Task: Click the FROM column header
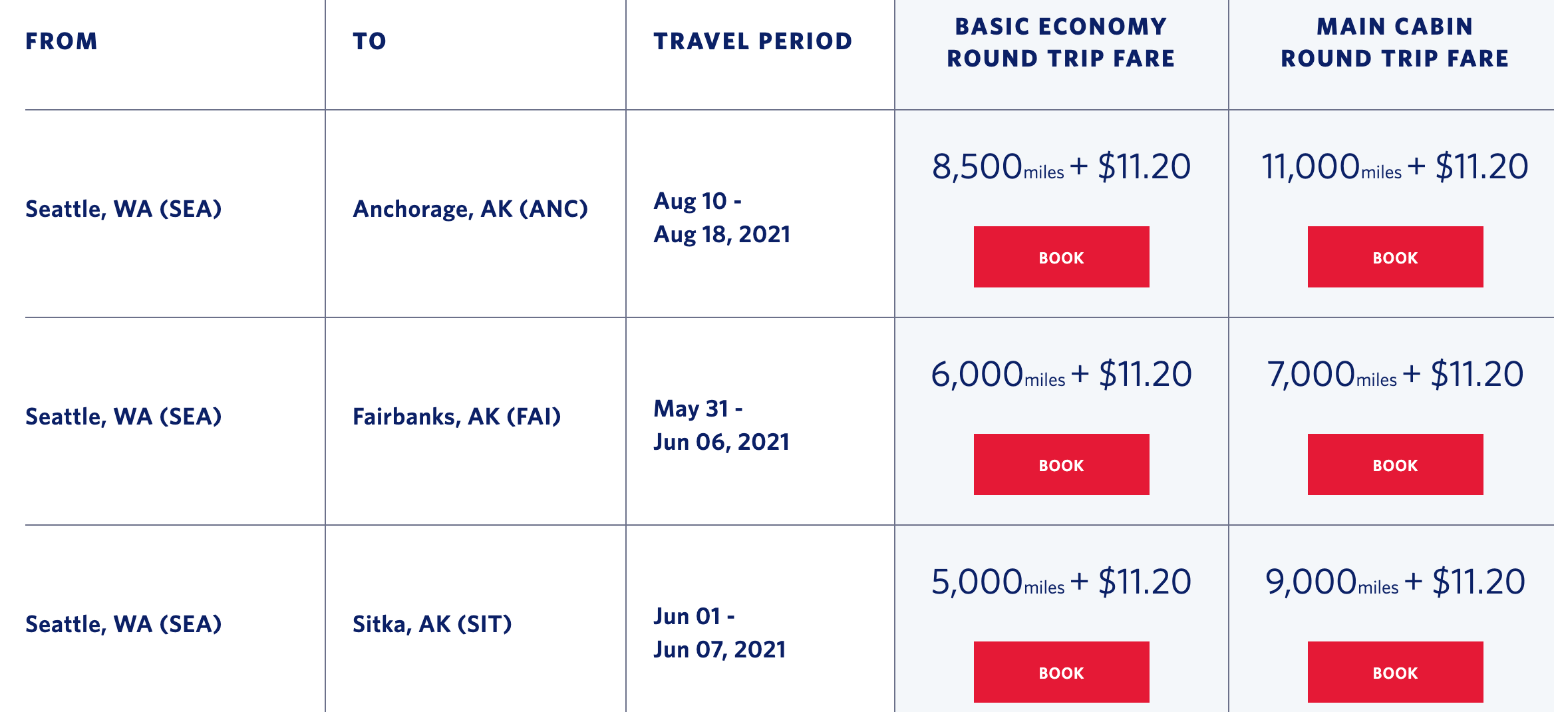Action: point(61,41)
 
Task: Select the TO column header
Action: point(369,41)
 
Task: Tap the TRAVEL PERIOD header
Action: point(752,41)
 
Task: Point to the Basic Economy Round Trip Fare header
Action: point(1061,43)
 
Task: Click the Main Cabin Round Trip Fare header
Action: point(1395,43)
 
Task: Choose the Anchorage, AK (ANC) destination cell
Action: point(470,209)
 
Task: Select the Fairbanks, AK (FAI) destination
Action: point(457,417)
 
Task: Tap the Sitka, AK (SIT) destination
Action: point(432,624)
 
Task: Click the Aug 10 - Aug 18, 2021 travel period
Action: point(722,218)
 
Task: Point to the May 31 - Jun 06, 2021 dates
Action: point(721,425)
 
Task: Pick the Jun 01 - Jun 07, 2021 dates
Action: point(720,633)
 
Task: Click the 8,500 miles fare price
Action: point(1061,166)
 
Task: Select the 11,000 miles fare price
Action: point(1395,166)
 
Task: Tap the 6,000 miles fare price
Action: point(1061,374)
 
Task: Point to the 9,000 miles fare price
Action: point(1395,582)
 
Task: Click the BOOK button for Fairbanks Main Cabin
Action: point(1395,464)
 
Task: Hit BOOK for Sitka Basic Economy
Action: point(1061,672)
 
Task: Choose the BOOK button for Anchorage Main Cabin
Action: point(1395,257)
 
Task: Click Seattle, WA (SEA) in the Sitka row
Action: point(124,624)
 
